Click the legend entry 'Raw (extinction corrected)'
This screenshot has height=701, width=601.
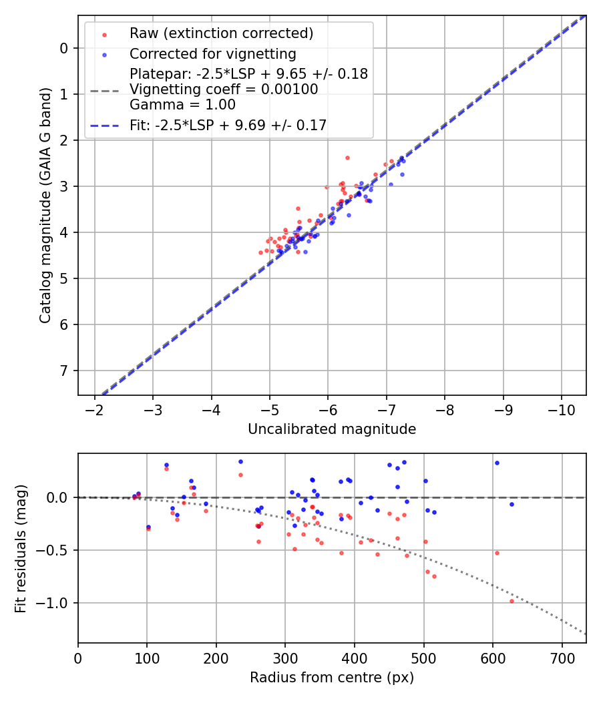221,33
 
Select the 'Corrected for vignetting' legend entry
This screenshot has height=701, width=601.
212,53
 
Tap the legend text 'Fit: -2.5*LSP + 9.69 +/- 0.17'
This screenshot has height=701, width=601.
228,125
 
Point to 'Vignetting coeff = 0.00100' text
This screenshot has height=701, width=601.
224,89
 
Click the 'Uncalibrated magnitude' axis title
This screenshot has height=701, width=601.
332,429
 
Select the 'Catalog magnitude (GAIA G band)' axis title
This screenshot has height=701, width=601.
45,205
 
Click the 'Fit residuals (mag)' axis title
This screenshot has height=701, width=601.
21,548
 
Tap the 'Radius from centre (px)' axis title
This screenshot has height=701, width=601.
332,678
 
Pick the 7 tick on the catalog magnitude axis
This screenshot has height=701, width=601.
65,371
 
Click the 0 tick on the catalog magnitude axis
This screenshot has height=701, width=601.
65,48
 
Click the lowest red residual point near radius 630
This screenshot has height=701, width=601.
512,601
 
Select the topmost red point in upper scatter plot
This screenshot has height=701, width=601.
347,158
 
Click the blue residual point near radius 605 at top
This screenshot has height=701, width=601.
497,463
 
